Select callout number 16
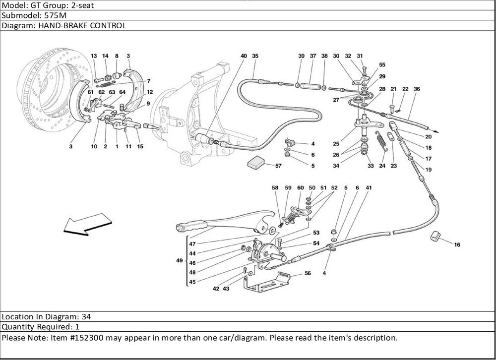click(457, 244)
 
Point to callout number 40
click(244, 57)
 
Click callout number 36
click(417, 89)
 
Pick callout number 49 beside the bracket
click(179, 262)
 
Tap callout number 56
click(308, 273)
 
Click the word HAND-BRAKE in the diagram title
click(50, 25)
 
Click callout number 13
click(94, 57)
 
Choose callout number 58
click(275, 188)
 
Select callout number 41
click(369, 188)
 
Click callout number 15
click(140, 146)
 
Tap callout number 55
click(382, 65)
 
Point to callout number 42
click(217, 288)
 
